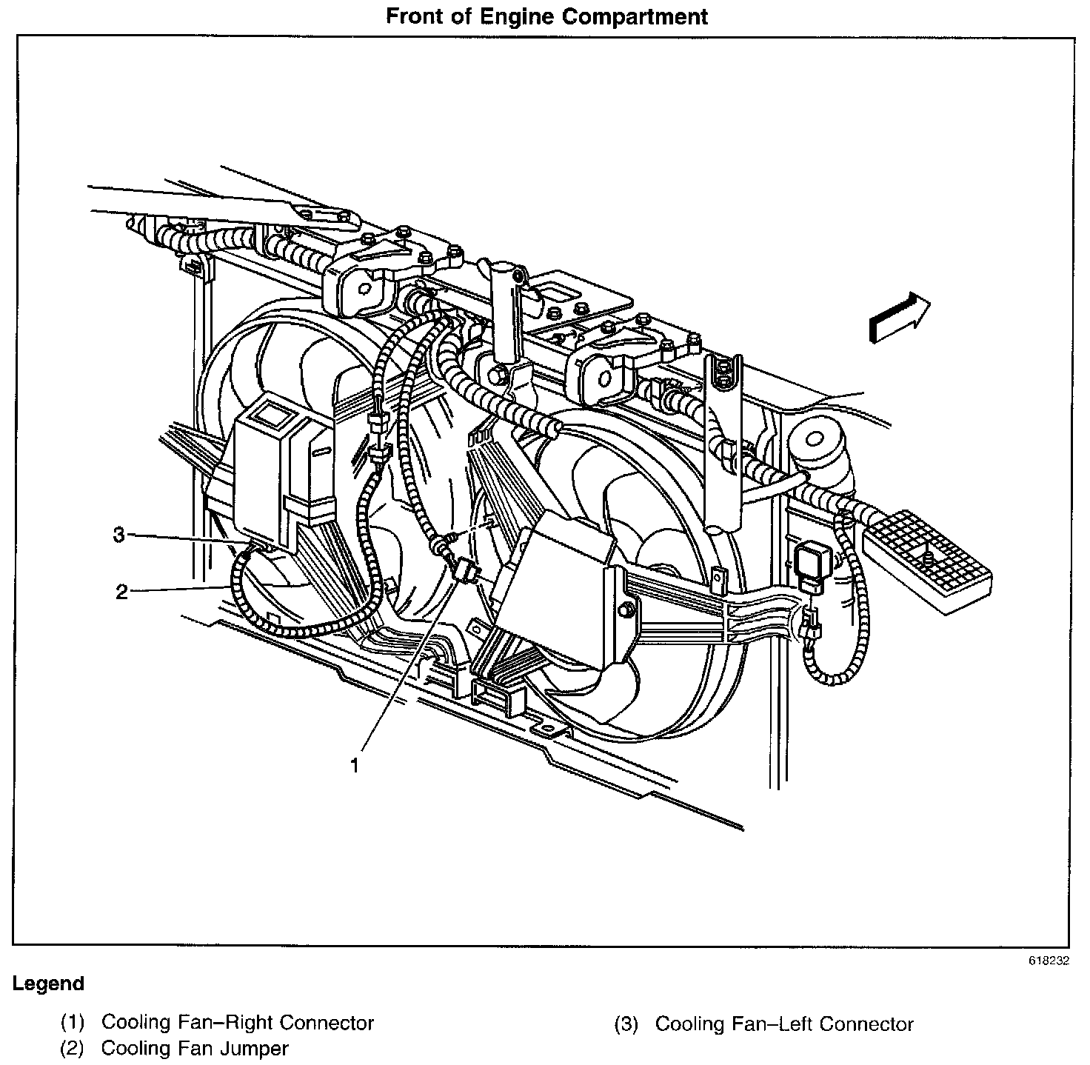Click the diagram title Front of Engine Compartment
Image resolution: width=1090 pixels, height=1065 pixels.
pos(546,16)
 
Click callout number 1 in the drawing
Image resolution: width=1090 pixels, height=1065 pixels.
pos(355,764)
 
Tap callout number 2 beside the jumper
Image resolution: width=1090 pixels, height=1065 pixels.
pos(122,591)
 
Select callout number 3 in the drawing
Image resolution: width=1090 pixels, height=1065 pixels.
pos(119,535)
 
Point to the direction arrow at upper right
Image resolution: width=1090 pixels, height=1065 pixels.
pos(899,317)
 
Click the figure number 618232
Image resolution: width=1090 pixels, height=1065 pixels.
pos(1048,961)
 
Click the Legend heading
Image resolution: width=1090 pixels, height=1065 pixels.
pos(48,984)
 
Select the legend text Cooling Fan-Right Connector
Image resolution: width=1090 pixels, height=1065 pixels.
pos(237,1023)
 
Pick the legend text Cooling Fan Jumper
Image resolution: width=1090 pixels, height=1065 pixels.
pos(194,1048)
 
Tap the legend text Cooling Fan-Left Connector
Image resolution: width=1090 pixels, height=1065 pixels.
pos(784,1024)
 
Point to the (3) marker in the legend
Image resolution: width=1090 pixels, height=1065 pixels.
pos(626,1025)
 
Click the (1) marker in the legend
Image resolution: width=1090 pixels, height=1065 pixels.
pos(72,1024)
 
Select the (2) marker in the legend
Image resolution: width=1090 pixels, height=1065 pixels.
pos(72,1049)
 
